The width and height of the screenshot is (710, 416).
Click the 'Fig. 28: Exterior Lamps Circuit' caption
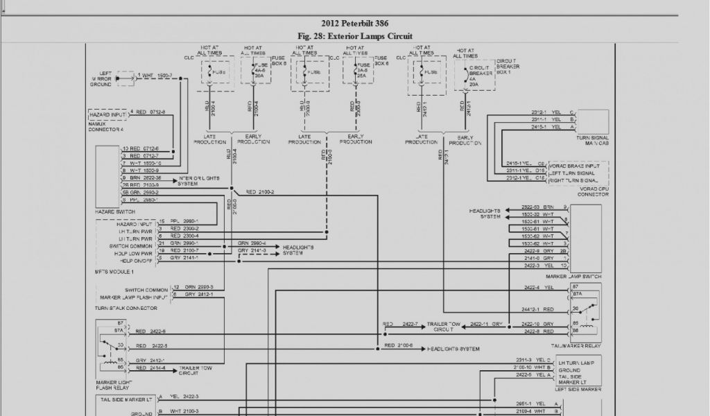[x=354, y=36]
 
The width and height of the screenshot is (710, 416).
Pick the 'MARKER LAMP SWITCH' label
[x=577, y=278]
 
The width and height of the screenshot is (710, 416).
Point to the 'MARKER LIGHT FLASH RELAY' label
[x=114, y=386]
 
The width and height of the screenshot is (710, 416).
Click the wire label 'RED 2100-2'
[x=259, y=191]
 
